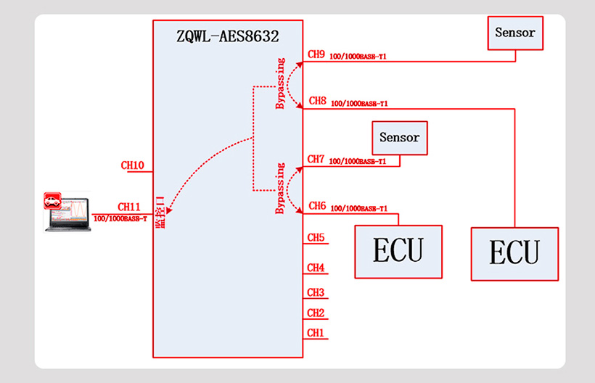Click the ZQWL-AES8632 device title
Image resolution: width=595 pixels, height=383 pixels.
(x=228, y=35)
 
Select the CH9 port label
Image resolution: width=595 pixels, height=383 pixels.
(x=316, y=54)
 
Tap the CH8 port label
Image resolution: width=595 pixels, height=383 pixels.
(x=317, y=102)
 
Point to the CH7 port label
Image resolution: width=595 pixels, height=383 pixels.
(x=316, y=159)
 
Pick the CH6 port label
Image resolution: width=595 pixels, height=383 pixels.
(x=317, y=206)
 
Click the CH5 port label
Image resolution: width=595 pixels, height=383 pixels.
(x=316, y=237)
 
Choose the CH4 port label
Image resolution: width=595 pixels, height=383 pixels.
(x=316, y=268)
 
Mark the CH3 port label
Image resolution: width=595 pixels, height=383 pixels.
(x=316, y=292)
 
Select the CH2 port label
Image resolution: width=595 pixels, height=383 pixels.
(x=316, y=313)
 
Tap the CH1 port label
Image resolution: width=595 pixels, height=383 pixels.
(x=316, y=333)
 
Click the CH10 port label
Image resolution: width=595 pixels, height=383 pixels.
(x=132, y=165)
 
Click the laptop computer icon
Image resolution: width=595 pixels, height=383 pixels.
(x=67, y=212)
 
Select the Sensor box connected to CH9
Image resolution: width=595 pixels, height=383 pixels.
(x=515, y=33)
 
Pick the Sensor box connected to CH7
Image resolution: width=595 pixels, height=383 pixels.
(x=399, y=137)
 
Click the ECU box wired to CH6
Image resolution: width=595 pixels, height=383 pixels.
(x=398, y=251)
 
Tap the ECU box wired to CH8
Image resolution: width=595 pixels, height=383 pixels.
(x=514, y=253)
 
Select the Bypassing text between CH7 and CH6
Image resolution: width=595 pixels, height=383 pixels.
(x=280, y=189)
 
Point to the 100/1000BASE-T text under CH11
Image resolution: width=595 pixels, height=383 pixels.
(x=120, y=218)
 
